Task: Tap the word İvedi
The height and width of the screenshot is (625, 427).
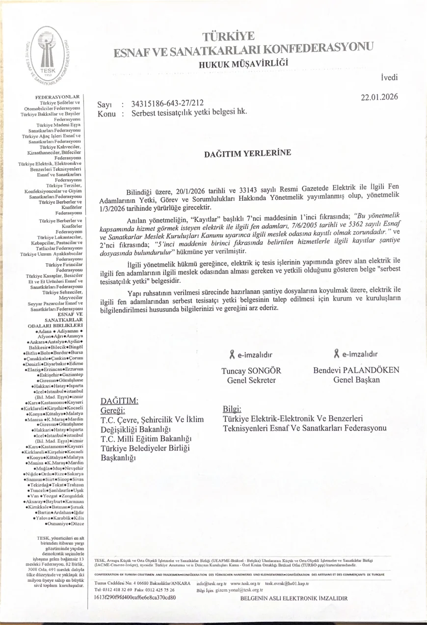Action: [389, 78]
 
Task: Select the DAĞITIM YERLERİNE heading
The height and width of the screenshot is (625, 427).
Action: [247, 153]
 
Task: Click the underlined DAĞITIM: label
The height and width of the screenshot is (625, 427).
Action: [116, 401]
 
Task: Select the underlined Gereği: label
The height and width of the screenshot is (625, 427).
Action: [113, 410]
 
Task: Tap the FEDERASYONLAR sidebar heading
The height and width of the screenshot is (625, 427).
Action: [57, 97]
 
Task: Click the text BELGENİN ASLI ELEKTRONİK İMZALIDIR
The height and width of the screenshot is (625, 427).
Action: [294, 598]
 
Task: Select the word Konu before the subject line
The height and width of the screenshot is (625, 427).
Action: [106, 113]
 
